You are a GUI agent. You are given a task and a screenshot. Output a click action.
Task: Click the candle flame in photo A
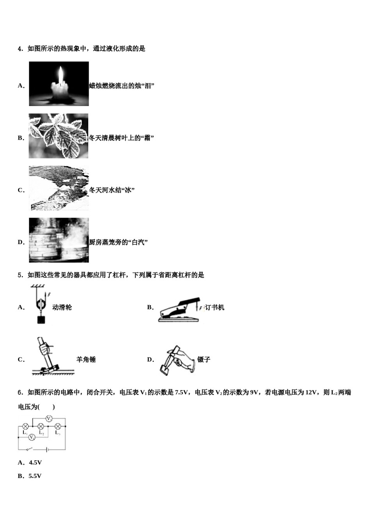60,74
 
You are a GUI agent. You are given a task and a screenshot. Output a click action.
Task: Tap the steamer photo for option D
59,240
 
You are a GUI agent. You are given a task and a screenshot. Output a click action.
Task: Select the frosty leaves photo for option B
59,136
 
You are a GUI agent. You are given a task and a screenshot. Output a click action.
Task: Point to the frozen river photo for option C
59,188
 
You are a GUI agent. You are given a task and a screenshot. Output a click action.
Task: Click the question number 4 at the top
20,49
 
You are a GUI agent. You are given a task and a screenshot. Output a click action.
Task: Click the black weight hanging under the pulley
40,320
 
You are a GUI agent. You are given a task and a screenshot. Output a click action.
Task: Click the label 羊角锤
86,359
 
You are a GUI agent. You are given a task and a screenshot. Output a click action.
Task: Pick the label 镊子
203,359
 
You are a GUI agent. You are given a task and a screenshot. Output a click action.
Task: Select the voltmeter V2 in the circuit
49,419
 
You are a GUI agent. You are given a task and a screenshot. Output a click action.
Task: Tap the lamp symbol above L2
41,426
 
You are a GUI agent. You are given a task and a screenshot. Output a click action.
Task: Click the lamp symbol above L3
58,426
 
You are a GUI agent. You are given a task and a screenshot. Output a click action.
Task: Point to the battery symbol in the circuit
47,450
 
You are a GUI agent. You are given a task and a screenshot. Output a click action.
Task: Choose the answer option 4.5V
35,463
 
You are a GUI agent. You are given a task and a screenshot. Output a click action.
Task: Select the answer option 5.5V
35,476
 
